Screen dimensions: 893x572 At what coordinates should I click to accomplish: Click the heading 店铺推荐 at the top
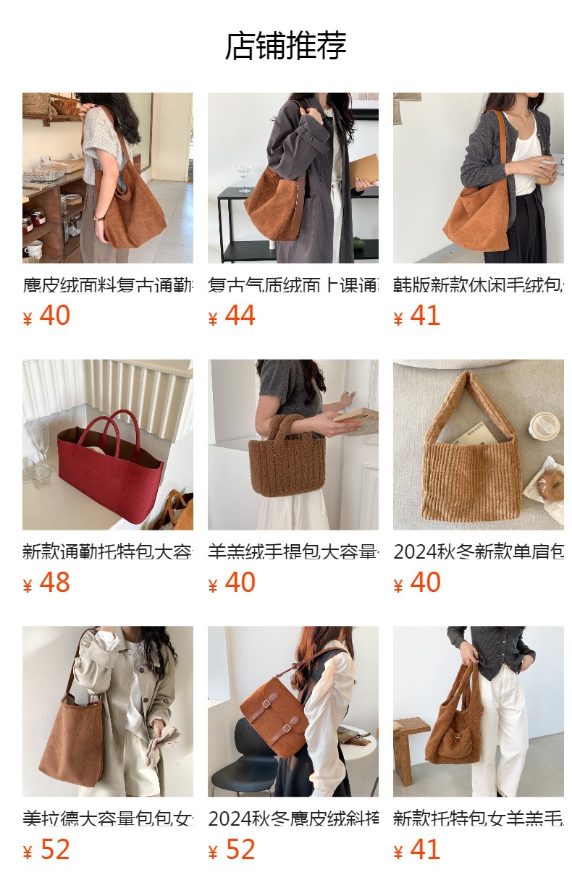286,46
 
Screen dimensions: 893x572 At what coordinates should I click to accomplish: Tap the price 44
240,316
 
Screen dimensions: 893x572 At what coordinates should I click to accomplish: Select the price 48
54,583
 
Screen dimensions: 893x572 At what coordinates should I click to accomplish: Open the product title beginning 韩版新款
478,285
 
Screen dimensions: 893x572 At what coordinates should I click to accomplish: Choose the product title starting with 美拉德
107,818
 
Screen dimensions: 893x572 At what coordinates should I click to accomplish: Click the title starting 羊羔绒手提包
293,551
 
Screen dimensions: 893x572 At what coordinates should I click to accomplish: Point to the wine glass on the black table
243,175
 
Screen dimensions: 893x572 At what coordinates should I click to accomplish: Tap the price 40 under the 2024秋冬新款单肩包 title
425,583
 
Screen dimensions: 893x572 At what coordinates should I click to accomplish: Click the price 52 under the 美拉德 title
54,850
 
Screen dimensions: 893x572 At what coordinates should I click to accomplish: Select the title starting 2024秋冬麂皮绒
293,818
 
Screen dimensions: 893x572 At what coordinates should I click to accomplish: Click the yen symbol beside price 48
28,585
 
